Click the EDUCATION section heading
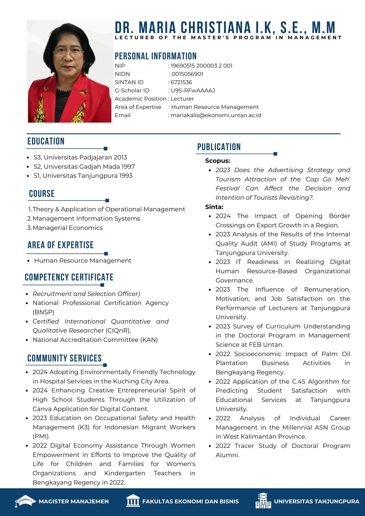click(46, 141)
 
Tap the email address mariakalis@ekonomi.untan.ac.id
click(216, 115)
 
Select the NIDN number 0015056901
click(187, 74)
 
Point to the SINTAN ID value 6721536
click(181, 82)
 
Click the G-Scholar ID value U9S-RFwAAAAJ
click(193, 91)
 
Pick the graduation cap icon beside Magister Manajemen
click(25, 501)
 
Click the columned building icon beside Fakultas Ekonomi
click(133, 501)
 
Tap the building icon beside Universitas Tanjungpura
click(263, 501)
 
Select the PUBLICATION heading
click(219, 147)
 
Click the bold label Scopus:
click(218, 161)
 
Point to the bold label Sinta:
click(214, 207)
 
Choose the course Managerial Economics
click(68, 228)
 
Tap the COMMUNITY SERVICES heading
click(65, 358)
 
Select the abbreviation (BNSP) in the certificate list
click(43, 312)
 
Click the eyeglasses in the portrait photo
click(68, 53)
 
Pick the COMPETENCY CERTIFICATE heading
click(69, 277)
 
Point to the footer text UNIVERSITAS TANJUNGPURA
click(316, 501)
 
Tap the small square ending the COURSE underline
click(107, 200)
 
